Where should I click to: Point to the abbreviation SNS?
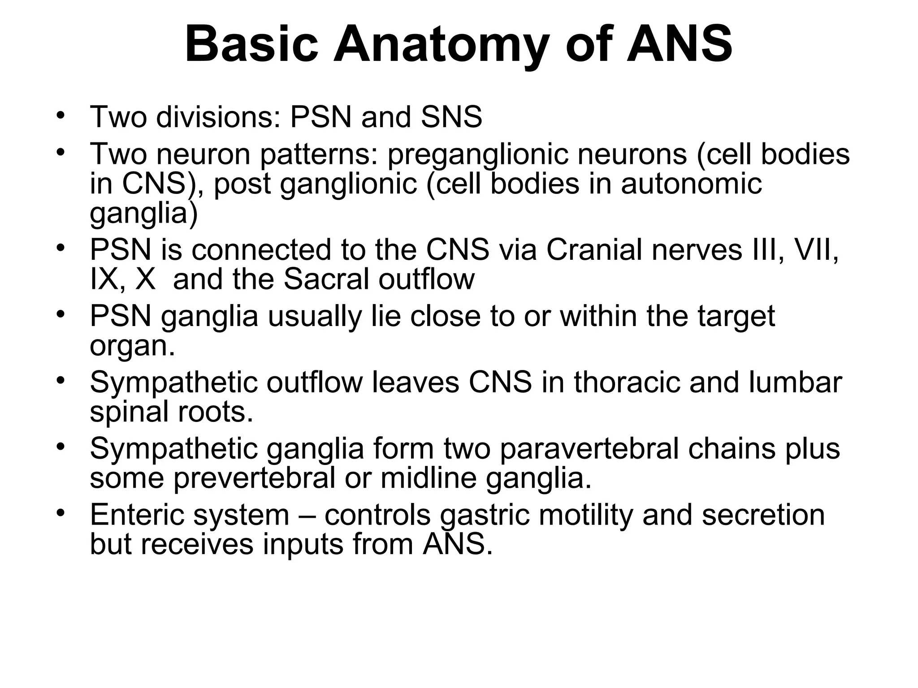451,117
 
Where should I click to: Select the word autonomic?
691,184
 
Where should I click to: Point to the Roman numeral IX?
104,279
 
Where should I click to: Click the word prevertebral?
255,478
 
